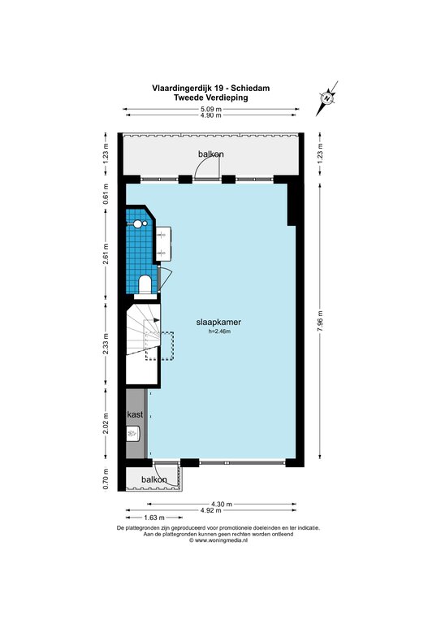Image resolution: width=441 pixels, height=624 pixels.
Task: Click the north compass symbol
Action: pos(326,98)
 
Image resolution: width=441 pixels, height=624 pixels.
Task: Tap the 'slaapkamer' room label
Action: pos(218,323)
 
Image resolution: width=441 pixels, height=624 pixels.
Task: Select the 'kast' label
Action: pos(135,414)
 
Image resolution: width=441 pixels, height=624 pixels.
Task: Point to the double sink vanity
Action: pos(163,244)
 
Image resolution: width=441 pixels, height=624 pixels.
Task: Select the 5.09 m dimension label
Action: pos(211,109)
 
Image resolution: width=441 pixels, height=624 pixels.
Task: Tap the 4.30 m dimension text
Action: pos(222,505)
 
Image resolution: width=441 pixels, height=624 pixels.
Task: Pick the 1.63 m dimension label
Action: pos(153,518)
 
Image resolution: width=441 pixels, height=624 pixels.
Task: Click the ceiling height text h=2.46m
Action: pos(219,331)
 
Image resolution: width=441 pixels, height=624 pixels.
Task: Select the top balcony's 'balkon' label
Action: pos(211,154)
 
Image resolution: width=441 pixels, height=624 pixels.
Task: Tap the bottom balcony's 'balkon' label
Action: pos(153,480)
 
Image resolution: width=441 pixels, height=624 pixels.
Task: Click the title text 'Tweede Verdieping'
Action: pos(211,97)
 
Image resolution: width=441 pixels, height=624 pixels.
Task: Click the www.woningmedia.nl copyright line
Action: pos(218,540)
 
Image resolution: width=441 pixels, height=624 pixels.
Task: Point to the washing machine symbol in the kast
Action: pos(133,433)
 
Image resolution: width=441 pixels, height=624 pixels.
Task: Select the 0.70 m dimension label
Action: pos(106,479)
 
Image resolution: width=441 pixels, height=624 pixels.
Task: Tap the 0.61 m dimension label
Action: pos(106,195)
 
